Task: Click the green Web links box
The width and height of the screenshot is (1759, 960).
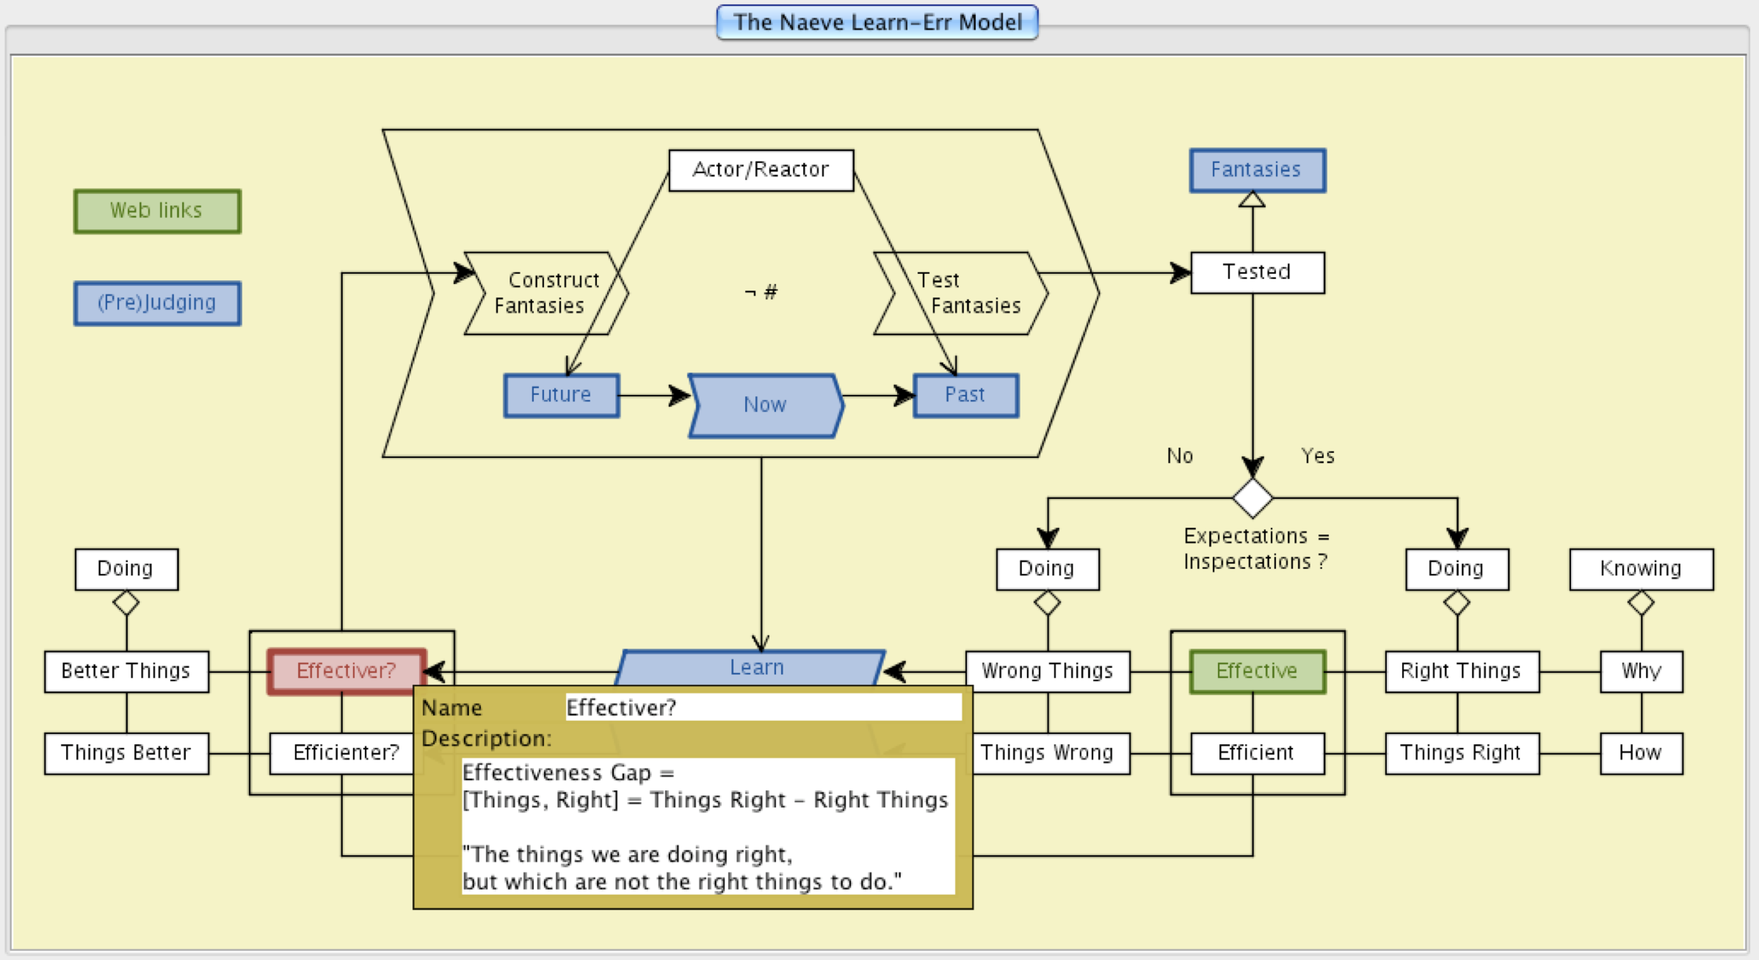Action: point(157,211)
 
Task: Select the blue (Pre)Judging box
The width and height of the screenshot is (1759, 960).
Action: point(157,303)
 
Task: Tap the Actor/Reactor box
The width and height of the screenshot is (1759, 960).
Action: point(761,170)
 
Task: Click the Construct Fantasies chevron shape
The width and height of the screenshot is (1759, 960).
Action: point(545,293)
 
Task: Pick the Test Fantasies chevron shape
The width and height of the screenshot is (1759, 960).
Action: point(962,293)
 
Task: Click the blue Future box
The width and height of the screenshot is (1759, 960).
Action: point(561,396)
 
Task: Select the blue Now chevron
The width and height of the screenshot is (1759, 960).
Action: point(765,405)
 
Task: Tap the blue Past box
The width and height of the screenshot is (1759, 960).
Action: point(965,396)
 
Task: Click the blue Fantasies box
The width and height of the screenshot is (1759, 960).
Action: point(1257,170)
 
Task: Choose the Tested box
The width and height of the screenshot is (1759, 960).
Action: point(1257,272)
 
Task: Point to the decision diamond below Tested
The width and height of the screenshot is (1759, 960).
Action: point(1252,498)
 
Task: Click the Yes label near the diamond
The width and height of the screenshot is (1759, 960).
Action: point(1318,457)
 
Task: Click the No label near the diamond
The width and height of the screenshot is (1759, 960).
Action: point(1180,457)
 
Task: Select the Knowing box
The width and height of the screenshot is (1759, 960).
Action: point(1641,569)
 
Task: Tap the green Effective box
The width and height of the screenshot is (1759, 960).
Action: point(1257,671)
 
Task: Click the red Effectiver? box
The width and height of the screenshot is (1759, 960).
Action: point(346,671)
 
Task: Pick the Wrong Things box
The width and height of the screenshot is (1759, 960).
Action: point(1047,671)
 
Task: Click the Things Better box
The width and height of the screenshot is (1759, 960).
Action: point(126,753)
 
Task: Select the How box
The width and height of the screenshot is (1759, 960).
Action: point(1641,753)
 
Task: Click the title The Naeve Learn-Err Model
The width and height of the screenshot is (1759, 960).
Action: point(877,23)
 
